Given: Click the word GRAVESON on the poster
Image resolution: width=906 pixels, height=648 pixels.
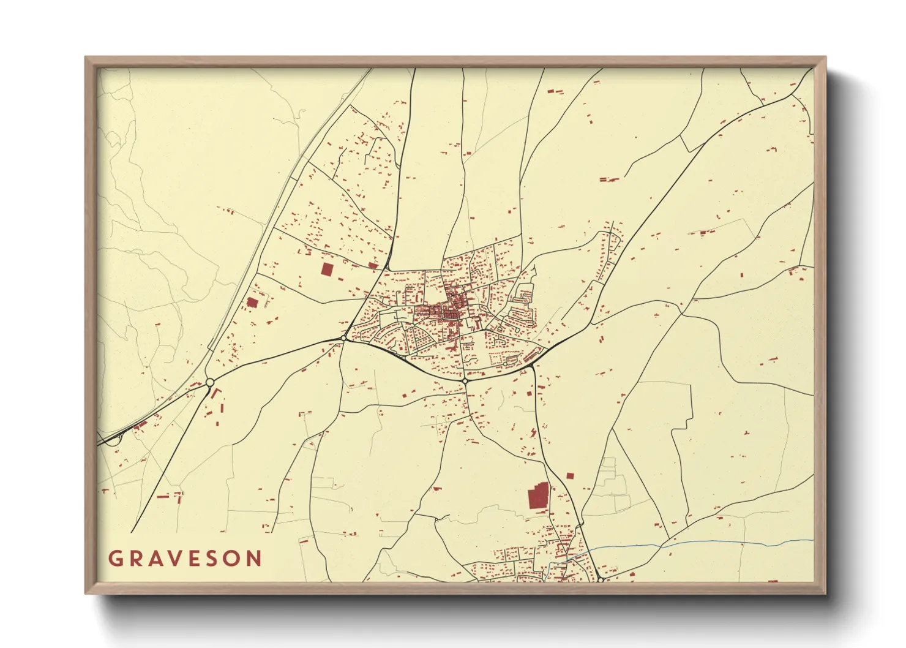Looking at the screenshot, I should pyautogui.click(x=185, y=559).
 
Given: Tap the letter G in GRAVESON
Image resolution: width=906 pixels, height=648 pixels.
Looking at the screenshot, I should pyautogui.click(x=114, y=559).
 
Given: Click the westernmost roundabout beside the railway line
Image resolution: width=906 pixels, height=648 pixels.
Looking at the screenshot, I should pyautogui.click(x=209, y=383).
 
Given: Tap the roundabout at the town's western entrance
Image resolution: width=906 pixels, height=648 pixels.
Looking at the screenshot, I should pyautogui.click(x=344, y=337).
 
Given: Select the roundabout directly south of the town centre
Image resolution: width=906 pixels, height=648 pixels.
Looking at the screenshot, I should pyautogui.click(x=465, y=381).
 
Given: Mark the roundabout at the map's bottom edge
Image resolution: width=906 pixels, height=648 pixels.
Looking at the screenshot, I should pyautogui.click(x=601, y=579).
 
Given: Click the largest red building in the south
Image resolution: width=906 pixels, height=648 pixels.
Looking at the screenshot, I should pyautogui.click(x=538, y=496).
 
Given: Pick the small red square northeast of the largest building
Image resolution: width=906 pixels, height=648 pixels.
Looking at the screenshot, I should pyautogui.click(x=571, y=475).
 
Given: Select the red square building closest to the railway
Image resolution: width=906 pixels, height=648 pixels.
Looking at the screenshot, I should pyautogui.click(x=252, y=302).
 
